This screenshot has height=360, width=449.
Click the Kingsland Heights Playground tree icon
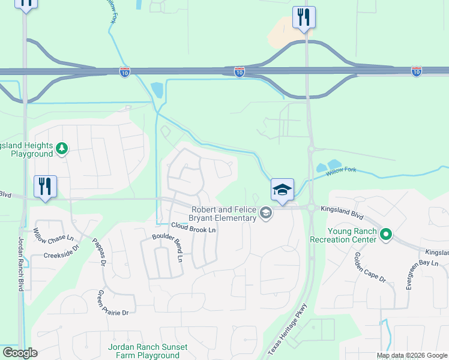click(61, 148)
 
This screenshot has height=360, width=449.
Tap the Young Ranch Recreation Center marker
click(386, 235)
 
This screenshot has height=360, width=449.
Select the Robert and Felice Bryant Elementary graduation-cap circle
click(265, 212)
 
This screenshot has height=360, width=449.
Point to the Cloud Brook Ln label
click(193, 228)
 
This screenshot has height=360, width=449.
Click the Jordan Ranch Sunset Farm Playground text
click(148, 351)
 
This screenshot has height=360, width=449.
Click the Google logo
click(20, 353)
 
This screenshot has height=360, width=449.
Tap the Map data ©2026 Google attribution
click(412, 356)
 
